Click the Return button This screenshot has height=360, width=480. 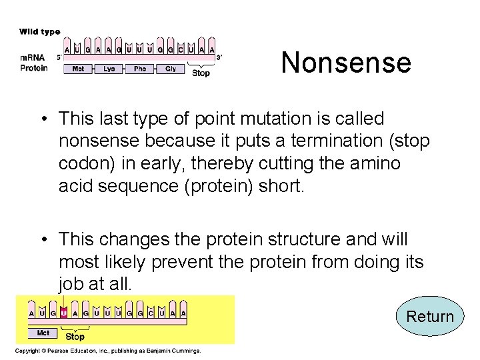[430, 317]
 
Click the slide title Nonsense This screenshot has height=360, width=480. [346, 63]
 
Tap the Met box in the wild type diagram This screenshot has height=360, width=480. [79, 69]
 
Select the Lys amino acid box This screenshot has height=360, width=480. [109, 69]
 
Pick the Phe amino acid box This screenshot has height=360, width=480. [140, 69]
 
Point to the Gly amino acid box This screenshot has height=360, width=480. [171, 69]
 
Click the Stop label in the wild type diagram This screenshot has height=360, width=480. [201, 73]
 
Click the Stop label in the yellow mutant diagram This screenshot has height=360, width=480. [75, 337]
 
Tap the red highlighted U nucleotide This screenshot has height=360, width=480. [63, 312]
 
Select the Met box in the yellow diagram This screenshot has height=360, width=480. [43, 332]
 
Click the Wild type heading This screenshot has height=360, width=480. [39, 31]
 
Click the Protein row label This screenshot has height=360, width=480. [34, 67]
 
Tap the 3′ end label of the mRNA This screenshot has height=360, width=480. [219, 57]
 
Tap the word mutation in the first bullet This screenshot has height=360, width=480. [280, 119]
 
